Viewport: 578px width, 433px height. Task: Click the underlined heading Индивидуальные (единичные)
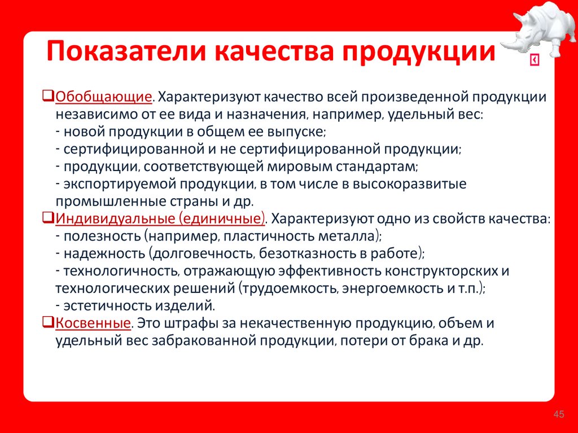coord(160,219)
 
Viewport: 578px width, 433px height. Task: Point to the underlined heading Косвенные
coord(93,324)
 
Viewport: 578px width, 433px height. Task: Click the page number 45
coord(559,415)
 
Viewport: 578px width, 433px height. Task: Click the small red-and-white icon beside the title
coord(534,61)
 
